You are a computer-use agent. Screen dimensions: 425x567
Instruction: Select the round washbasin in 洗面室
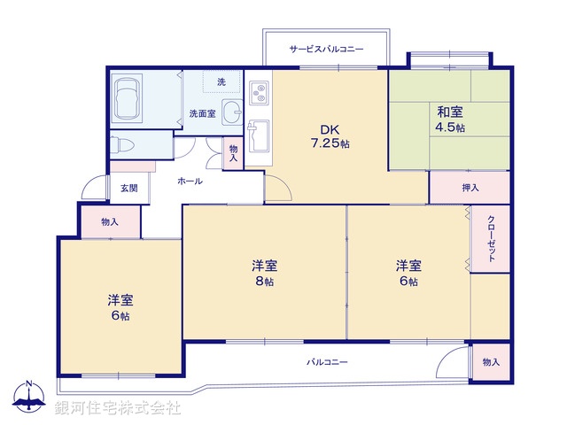(231, 112)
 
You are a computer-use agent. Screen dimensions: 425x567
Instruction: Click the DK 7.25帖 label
(329, 135)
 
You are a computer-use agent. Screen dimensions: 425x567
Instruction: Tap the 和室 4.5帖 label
(449, 119)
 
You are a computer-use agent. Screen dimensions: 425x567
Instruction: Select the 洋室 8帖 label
(264, 272)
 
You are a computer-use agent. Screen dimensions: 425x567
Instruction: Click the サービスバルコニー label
(326, 50)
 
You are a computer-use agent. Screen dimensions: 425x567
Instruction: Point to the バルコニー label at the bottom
(327, 362)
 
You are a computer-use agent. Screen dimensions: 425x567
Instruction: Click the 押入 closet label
(470, 188)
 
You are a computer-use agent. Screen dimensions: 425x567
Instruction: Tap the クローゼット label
(490, 237)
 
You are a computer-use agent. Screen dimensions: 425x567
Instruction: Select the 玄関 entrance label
(129, 189)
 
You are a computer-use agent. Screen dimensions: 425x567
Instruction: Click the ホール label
(190, 182)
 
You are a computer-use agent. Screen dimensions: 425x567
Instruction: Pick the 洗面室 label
(202, 113)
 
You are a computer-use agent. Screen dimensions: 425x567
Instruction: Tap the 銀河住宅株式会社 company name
(118, 408)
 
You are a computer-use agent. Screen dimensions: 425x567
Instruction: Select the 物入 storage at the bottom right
(491, 362)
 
